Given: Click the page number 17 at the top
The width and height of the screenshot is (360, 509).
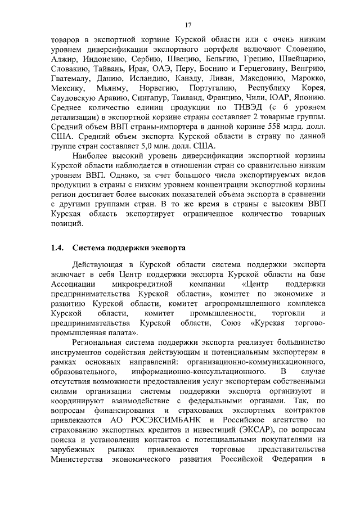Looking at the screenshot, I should click(189, 25).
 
